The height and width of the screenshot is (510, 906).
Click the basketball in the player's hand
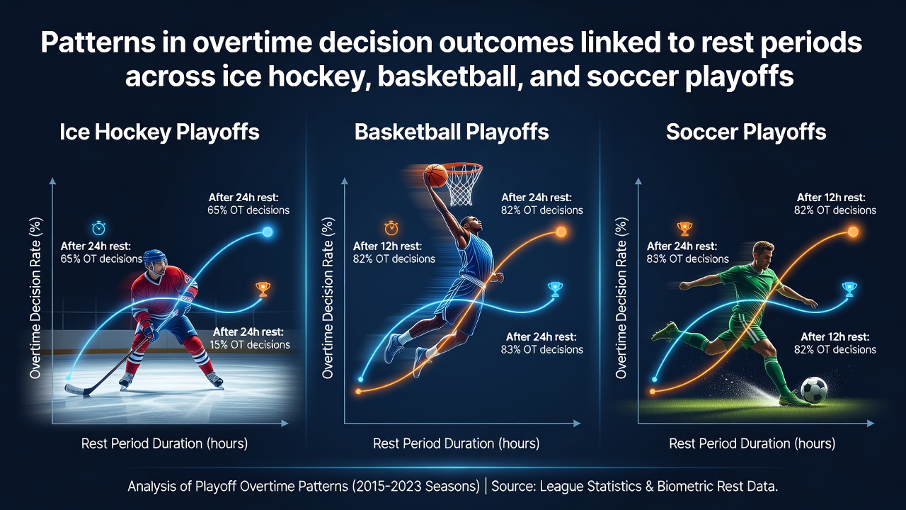pos(435,175)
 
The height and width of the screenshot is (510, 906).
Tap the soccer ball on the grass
pos(814,390)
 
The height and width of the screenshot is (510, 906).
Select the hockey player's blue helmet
pos(155,257)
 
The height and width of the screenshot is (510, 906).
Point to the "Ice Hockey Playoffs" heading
pos(159,132)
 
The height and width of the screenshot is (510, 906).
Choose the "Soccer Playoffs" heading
pos(746,132)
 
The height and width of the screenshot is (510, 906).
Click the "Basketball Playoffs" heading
pos(452,132)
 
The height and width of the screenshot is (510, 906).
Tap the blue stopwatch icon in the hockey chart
pos(98,228)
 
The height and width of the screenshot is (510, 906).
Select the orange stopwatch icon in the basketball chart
pos(391,228)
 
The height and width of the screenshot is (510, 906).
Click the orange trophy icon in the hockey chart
pos(263,289)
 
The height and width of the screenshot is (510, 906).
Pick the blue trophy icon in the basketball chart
pos(555,289)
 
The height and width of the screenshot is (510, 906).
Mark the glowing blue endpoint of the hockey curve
pos(268,232)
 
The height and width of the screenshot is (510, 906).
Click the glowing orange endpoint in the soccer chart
pos(853,232)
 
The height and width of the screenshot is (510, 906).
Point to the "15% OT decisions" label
pos(250,344)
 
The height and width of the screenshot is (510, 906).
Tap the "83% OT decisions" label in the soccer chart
pos(687,259)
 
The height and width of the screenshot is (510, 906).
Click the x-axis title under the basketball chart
pos(456,443)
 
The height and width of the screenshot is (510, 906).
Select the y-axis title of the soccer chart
pos(621,298)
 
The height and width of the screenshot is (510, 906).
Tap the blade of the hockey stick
pos(76,390)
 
